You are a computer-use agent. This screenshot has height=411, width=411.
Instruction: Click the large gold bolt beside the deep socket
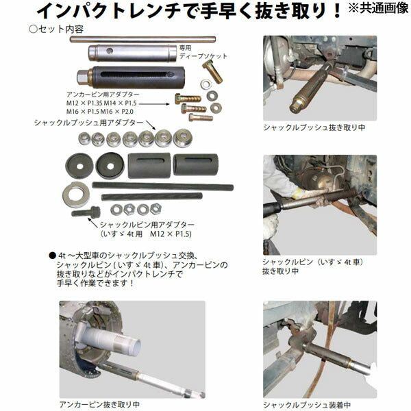[212, 70]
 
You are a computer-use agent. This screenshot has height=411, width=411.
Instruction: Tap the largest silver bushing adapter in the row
[182, 138]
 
